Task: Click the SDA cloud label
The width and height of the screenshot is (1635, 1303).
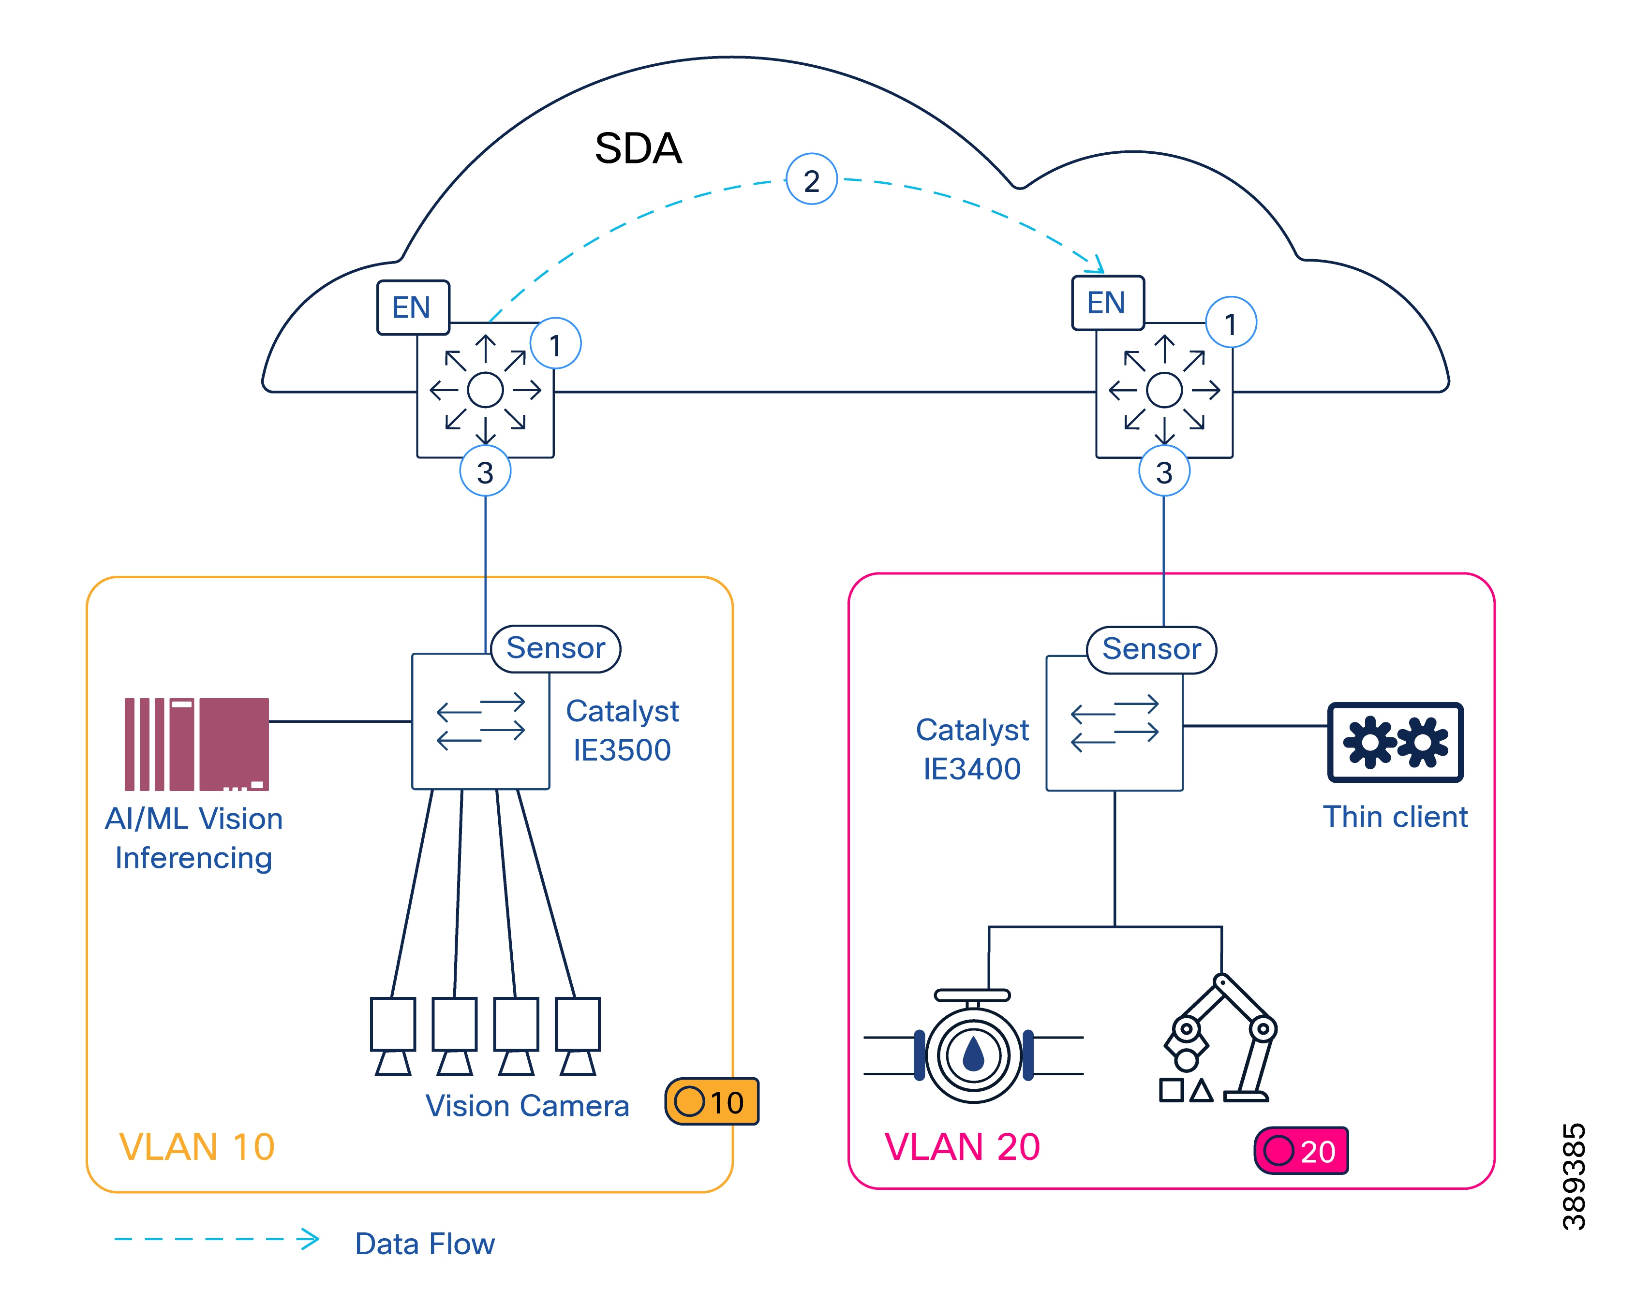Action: click(x=638, y=148)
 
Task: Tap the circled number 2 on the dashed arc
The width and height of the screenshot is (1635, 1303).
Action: click(x=811, y=180)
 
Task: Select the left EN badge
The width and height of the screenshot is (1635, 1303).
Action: click(x=413, y=307)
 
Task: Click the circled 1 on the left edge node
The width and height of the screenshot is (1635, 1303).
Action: click(x=555, y=344)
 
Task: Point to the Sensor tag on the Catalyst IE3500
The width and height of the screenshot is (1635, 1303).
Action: click(x=555, y=648)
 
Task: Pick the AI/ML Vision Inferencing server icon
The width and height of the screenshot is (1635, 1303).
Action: click(x=196, y=744)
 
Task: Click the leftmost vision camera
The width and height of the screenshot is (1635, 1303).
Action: click(x=393, y=1035)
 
